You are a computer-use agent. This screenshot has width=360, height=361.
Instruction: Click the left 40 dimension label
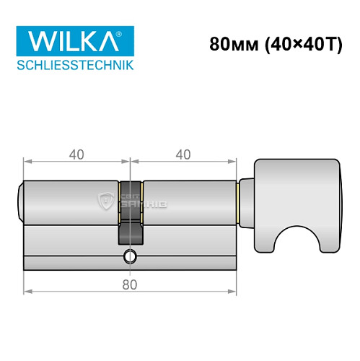(x=77, y=154)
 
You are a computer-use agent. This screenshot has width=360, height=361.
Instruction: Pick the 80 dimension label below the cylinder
(x=130, y=284)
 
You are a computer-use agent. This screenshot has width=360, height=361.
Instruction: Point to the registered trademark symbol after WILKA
(x=129, y=32)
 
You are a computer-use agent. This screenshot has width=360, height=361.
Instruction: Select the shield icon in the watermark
(x=107, y=197)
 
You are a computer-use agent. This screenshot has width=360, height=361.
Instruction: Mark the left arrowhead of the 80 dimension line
(x=27, y=292)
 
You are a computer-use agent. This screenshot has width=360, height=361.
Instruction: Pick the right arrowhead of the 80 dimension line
(x=234, y=292)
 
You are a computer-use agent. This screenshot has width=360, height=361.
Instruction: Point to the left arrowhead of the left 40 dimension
(x=27, y=160)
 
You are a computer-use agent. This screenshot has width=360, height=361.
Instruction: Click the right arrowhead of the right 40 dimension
(x=234, y=160)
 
